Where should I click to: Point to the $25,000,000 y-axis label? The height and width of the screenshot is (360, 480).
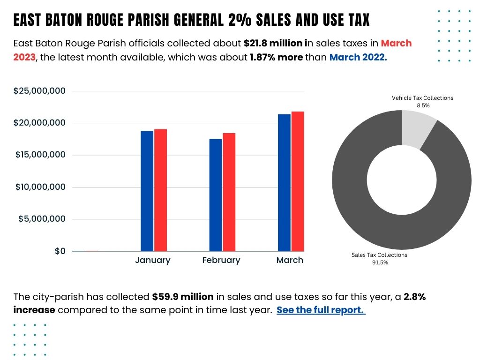pos(39,91)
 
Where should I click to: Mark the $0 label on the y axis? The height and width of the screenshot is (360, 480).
pos(60,251)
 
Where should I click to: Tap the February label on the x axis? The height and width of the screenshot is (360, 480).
pos(221,260)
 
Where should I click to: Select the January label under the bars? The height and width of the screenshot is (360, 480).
pos(153,260)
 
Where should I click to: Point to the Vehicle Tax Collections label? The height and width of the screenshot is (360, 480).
pos(422,98)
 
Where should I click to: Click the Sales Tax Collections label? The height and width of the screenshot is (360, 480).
pos(379,255)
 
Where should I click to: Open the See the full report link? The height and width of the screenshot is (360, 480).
pos(321,310)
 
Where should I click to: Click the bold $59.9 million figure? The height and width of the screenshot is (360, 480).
pos(183,297)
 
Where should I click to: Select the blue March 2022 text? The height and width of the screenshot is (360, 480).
pos(358,57)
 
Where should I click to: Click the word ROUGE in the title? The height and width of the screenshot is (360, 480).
pos(112,20)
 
